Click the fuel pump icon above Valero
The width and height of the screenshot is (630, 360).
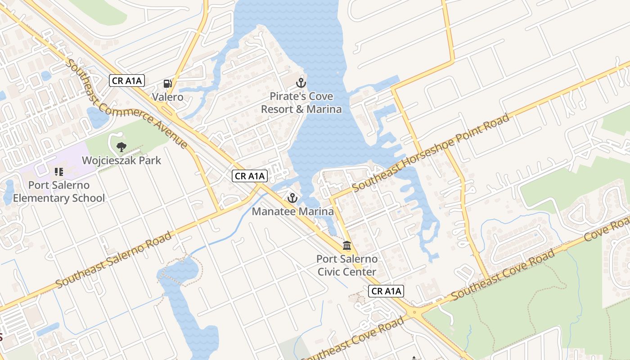click(167, 83)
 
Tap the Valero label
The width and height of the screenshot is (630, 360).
click(167, 97)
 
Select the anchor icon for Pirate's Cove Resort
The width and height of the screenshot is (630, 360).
click(301, 83)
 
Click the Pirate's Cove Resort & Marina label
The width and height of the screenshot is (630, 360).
click(301, 103)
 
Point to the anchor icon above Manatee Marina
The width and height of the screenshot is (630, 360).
click(292, 198)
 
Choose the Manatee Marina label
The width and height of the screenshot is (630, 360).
click(292, 211)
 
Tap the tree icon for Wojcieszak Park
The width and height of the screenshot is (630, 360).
click(121, 146)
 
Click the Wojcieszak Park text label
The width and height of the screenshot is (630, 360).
click(121, 160)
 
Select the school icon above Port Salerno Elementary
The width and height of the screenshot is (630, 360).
click(58, 171)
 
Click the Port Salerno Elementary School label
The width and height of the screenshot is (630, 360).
click(58, 192)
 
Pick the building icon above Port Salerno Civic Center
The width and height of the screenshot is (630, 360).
click(347, 246)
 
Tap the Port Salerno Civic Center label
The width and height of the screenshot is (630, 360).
click(347, 265)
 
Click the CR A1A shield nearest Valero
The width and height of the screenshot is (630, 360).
click(127, 81)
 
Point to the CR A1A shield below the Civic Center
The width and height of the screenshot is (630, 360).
click(386, 291)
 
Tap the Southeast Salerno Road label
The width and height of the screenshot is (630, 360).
click(114, 260)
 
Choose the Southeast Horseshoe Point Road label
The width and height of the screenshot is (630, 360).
click(431, 153)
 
